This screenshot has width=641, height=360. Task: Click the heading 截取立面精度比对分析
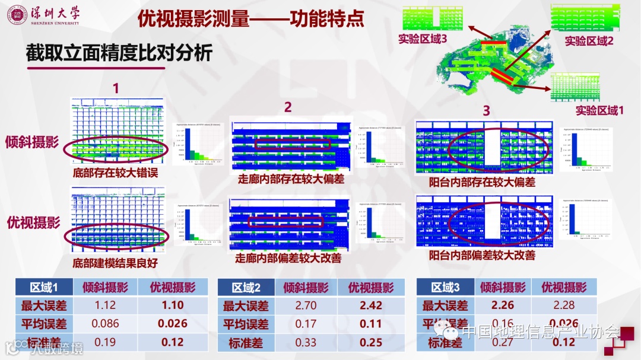coord(119,53)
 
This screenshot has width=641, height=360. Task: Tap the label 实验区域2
coord(589,41)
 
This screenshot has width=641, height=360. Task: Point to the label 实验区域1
coord(599,110)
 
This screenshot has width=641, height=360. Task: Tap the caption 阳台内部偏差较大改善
coord(482,256)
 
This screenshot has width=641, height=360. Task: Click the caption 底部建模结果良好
coord(115,262)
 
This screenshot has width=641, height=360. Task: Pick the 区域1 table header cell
coord(44,288)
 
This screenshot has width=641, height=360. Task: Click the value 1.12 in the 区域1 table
coord(106,305)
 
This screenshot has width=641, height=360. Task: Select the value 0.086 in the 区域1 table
coord(106,324)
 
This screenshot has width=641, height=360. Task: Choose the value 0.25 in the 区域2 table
coord(372,343)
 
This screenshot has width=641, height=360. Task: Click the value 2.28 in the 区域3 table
coord(563,305)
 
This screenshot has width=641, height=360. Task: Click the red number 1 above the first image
coord(116,88)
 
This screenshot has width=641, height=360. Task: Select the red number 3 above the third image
coord(486,110)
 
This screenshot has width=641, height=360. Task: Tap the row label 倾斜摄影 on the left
coord(33,142)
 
